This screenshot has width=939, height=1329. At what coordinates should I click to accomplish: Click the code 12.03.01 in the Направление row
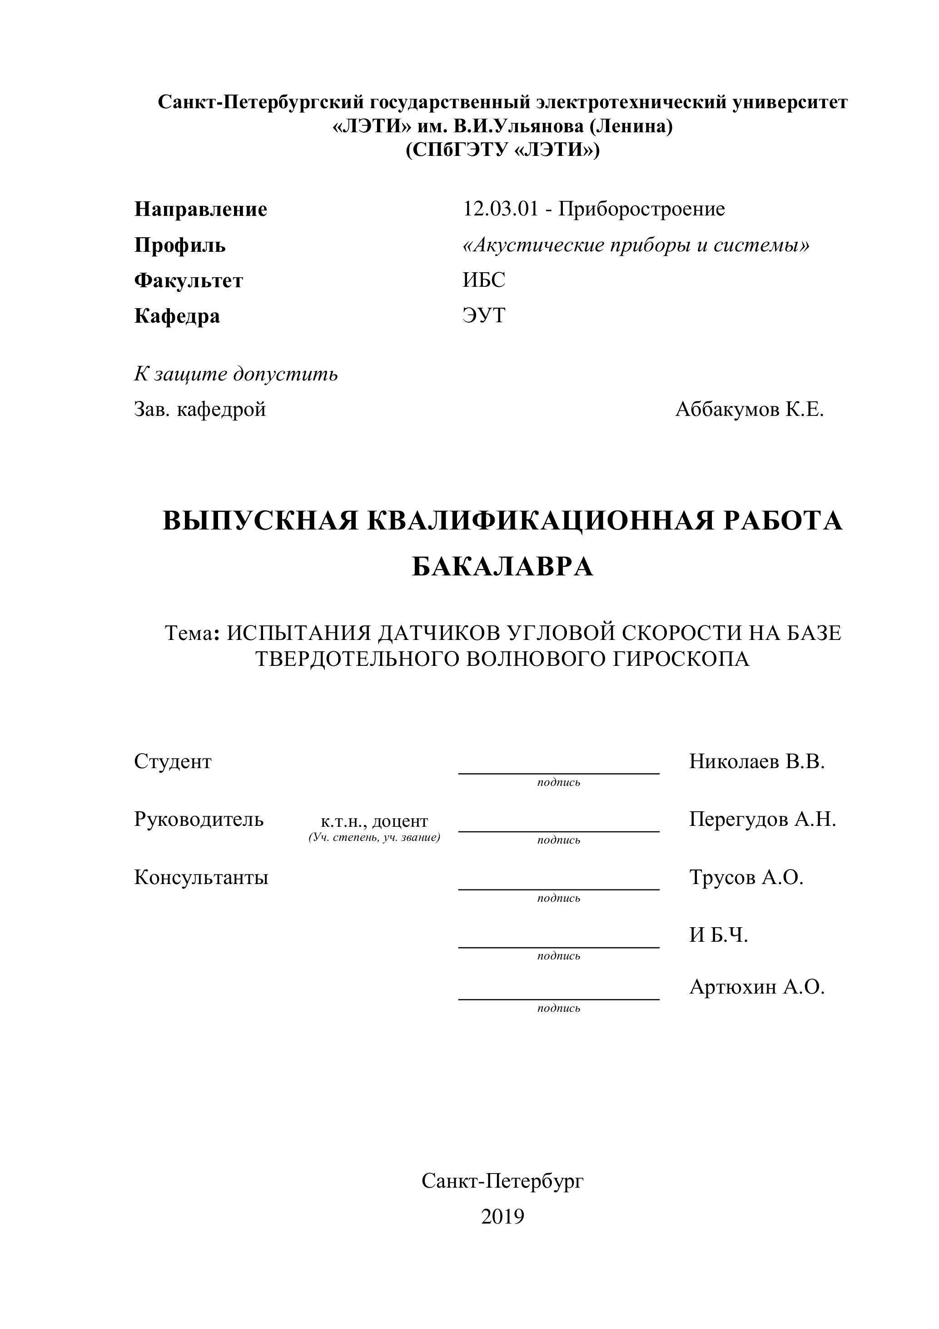(500, 209)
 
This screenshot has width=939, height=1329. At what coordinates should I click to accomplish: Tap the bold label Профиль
(180, 245)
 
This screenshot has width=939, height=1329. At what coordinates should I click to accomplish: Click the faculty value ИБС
(484, 280)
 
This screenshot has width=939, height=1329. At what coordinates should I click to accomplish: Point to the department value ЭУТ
(484, 315)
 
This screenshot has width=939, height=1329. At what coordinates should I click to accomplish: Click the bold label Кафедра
(177, 316)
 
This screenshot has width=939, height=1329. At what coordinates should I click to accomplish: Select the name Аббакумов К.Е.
(749, 410)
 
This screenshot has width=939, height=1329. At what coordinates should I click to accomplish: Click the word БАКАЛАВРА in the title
(502, 567)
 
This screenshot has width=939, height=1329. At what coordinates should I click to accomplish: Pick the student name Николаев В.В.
(757, 762)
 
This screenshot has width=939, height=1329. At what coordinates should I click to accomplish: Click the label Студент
(173, 762)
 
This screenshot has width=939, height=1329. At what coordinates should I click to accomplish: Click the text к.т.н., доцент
(374, 821)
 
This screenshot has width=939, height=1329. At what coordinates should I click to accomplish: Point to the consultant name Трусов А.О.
(746, 878)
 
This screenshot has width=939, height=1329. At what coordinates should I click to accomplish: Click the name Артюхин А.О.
(757, 987)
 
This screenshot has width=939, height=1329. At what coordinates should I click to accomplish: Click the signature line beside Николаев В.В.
(558, 773)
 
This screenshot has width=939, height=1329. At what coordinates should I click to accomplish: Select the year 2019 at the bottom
(502, 1217)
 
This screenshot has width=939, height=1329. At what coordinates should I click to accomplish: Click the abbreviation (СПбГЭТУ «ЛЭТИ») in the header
(502, 150)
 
